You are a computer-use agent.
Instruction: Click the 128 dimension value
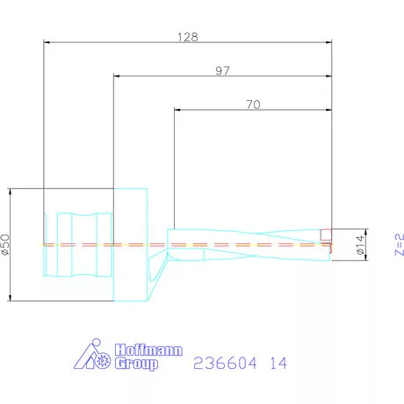pos(188,37)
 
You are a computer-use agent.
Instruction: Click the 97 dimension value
pos(223,71)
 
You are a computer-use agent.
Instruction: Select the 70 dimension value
pos(252,105)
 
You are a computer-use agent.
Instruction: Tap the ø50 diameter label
pos(6,245)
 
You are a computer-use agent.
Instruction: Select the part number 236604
pos(220,362)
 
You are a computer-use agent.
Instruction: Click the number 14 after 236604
pos(278,362)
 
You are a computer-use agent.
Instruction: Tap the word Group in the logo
pos(137,364)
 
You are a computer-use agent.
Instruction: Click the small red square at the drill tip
pos(326,234)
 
